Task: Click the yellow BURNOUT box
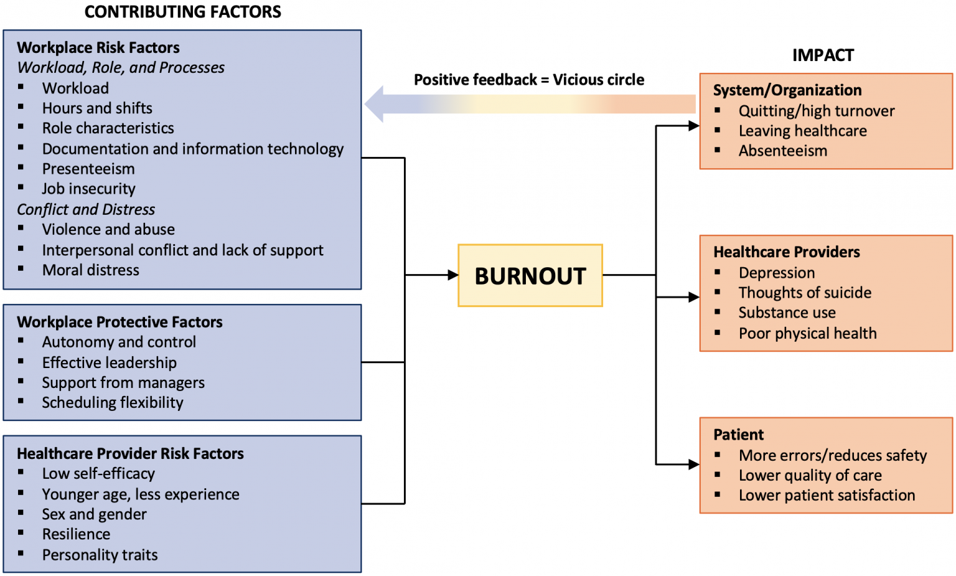point(530,275)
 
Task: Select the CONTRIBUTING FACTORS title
point(182,12)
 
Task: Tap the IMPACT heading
point(823,55)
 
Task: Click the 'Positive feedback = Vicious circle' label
point(529,80)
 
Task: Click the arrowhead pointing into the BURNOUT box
point(452,275)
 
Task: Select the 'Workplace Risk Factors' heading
point(98,48)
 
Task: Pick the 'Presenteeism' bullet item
point(88,169)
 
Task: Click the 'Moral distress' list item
point(91,270)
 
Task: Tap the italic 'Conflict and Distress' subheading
point(86,209)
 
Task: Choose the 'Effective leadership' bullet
point(110,362)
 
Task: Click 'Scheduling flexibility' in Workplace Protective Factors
point(113,403)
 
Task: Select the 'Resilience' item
point(76,534)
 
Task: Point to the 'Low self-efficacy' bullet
point(98,474)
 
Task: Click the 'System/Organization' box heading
point(787,90)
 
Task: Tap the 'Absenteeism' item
point(783,151)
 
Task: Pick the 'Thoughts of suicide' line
point(805,293)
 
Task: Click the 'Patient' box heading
point(738,435)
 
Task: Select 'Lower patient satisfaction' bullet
point(827,495)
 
